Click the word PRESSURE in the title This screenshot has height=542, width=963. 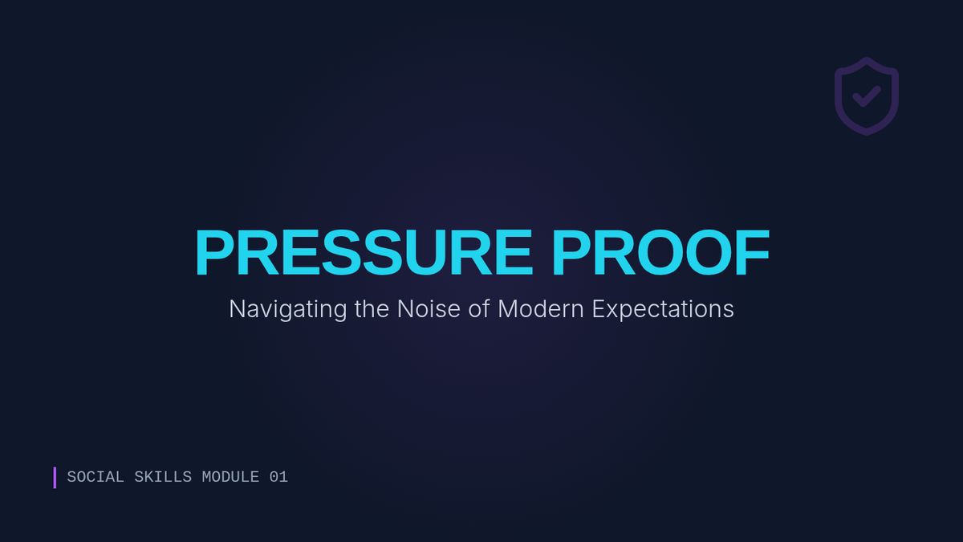coord(364,252)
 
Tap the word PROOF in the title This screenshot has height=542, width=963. coord(660,252)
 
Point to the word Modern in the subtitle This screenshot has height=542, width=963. coord(541,309)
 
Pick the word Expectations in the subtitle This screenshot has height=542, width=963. coord(663,310)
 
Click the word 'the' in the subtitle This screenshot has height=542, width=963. coord(372,309)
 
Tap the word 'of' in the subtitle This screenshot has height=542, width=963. coord(479,309)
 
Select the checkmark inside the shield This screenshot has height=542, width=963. coord(867,97)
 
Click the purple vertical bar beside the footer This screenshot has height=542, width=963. coord(55,478)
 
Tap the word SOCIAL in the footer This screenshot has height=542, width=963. coord(95,477)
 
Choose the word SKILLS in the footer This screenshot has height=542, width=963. coord(163,477)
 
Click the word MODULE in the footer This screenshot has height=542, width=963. coord(230,477)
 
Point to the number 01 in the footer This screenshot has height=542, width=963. coord(278,477)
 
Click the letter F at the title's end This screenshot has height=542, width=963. coord(753,252)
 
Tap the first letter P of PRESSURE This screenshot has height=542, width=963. coord(215,252)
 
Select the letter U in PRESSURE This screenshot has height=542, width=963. coord(425,253)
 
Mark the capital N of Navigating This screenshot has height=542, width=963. coord(238,309)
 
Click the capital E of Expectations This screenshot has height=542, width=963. coord(599,309)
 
